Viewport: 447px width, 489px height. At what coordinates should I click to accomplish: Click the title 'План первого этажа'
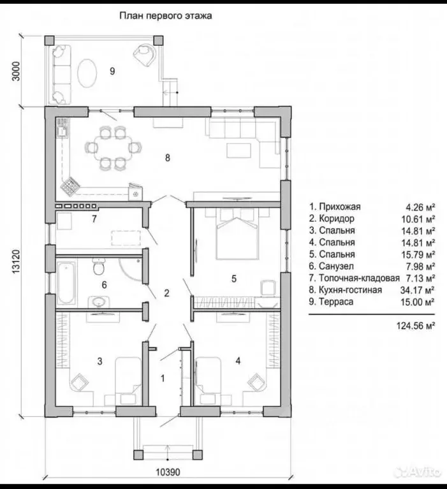pos(166,15)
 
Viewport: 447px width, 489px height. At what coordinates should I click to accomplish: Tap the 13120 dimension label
pos(16,262)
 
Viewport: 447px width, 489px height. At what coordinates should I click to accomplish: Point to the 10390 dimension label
pos(168,472)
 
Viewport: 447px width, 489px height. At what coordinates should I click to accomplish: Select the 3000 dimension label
pos(15,71)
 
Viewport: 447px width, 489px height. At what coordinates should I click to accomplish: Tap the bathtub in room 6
pos(66,282)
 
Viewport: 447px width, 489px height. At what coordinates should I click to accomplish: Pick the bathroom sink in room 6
pos(99,302)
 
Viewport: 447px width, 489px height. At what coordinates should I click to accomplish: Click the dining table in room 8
pos(114,147)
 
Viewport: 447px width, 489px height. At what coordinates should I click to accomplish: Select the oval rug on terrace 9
pos(87,73)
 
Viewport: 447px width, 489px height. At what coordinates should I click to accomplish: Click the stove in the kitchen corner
pos(70,186)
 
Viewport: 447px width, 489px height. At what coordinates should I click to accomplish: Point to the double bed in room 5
pos(237,238)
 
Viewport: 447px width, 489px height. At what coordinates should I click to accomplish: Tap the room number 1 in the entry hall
pos(163,378)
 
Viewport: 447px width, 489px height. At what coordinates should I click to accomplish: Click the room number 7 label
pos(94,219)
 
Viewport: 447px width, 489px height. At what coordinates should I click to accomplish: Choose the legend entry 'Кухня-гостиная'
pos(346,290)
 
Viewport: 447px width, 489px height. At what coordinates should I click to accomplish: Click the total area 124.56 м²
pos(416,326)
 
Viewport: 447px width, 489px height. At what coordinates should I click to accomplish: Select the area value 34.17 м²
pos(418,290)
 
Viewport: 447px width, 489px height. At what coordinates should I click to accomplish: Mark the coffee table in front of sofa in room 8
pos(238,150)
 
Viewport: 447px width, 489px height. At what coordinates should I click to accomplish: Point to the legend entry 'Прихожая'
pos(335,207)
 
